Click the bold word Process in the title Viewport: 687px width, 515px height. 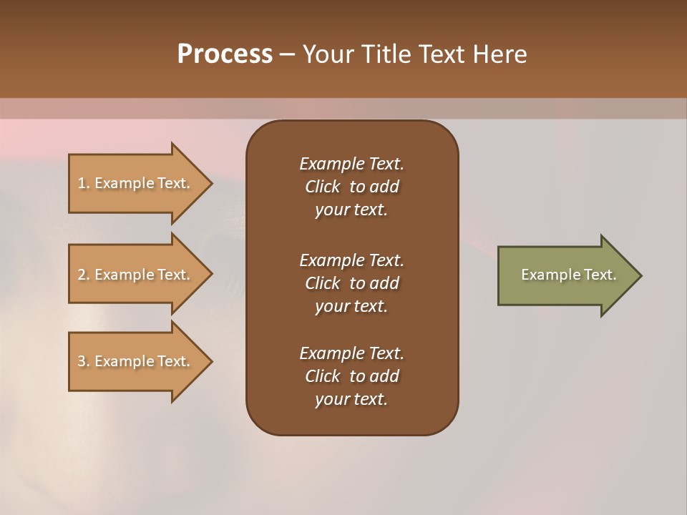(225, 54)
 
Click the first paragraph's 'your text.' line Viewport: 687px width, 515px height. (351, 210)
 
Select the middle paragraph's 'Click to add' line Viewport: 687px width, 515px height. (351, 283)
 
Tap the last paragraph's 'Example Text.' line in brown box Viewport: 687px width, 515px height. (351, 353)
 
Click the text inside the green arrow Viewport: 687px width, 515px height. (568, 275)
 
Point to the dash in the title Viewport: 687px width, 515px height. (287, 54)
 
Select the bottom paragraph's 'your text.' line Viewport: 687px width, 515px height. (351, 400)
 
